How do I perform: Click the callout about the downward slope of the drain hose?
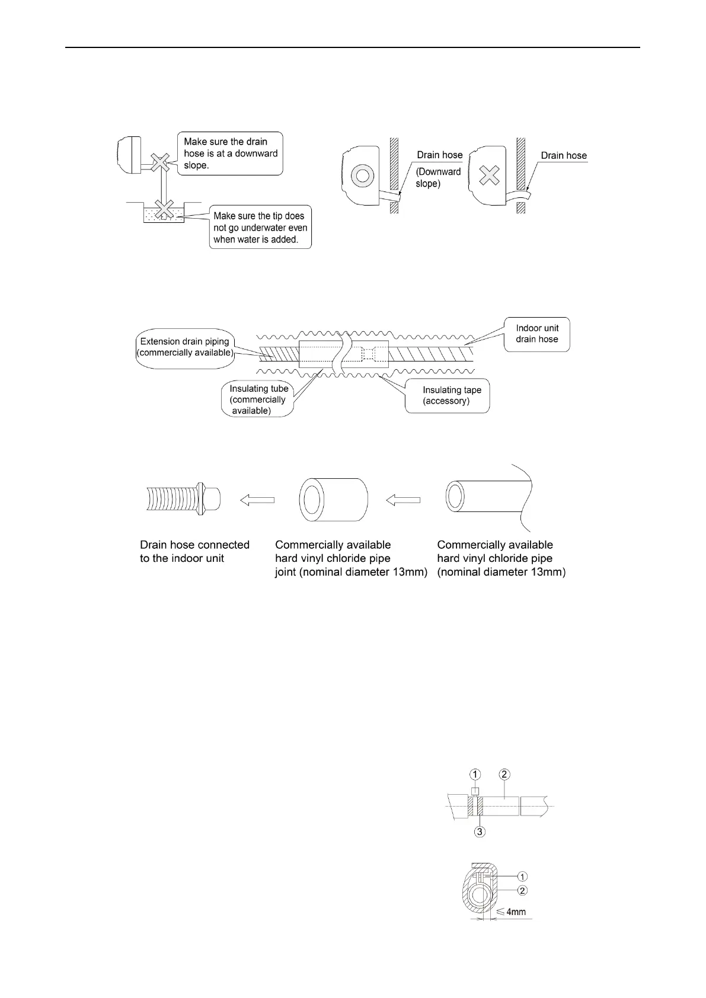click(230, 153)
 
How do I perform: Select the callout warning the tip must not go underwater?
click(260, 228)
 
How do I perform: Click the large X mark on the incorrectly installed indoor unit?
click(489, 175)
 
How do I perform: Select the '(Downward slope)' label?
click(438, 178)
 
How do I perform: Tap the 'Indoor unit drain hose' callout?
click(536, 334)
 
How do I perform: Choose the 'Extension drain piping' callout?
click(184, 347)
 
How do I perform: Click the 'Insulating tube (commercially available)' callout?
click(258, 399)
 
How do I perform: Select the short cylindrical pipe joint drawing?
click(333, 500)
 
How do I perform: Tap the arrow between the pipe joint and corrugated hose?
click(257, 500)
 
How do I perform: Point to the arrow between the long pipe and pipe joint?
click(403, 500)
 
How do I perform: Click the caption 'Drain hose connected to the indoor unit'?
click(194, 551)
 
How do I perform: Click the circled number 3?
click(480, 832)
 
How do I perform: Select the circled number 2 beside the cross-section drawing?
click(522, 890)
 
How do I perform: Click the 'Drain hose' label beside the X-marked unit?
click(563, 156)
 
